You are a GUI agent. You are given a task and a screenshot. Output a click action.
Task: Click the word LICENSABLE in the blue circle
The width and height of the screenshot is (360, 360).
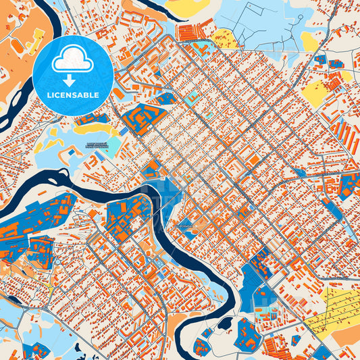click(x=73, y=96)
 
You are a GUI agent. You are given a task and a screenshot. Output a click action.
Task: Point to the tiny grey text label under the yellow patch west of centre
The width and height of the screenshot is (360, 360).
click(x=99, y=144)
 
